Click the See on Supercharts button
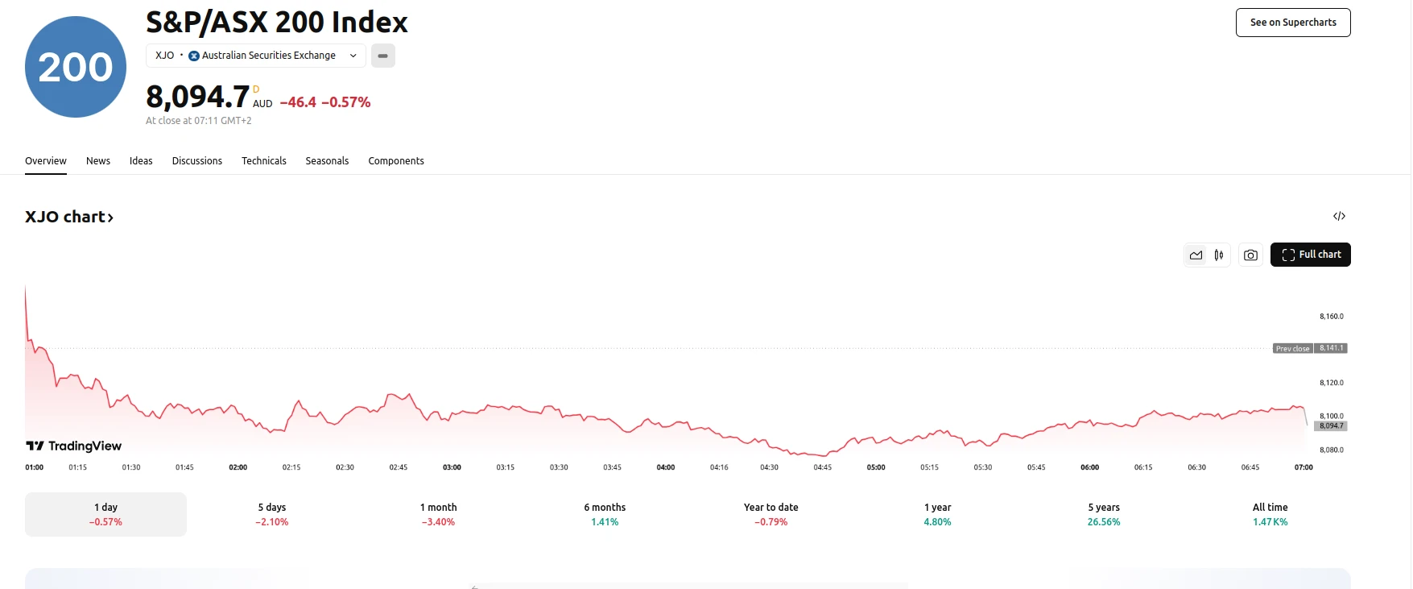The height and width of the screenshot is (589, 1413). coord(1292,23)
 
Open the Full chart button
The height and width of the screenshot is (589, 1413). coord(1310,255)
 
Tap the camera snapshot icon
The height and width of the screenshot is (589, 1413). coord(1250,255)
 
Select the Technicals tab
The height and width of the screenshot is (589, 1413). coord(264,161)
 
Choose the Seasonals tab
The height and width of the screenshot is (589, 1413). coord(327,161)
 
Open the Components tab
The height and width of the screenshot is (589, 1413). coord(396,161)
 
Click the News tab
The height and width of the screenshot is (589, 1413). coord(98,161)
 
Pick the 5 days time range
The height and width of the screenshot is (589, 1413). coord(272,514)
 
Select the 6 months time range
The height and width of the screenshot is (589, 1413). coord(605,514)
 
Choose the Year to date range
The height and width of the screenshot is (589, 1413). coord(771,514)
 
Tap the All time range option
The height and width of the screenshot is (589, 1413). coord(1270,514)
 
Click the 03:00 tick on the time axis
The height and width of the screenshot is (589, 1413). coord(452,467)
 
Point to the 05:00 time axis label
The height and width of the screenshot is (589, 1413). coord(876,467)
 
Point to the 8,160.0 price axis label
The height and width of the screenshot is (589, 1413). coord(1332,317)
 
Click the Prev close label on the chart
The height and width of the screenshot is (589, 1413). coord(1292,349)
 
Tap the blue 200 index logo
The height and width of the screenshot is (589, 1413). coord(76,67)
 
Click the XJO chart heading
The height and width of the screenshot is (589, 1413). coord(69,217)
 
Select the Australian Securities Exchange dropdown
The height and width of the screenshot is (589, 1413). coord(256,56)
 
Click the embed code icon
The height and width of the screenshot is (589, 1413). coord(1339,216)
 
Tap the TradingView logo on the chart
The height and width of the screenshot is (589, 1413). coord(74,446)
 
